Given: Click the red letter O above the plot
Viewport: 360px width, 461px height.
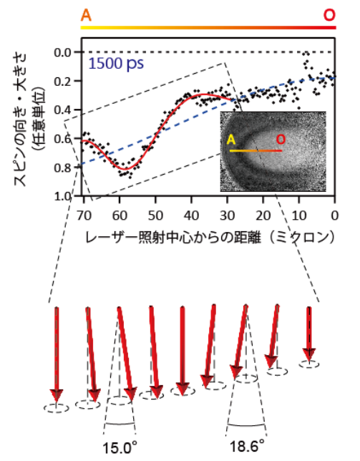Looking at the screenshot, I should pyautogui.click(x=329, y=14).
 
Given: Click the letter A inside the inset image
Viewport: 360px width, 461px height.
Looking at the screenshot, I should pyautogui.click(x=232, y=140).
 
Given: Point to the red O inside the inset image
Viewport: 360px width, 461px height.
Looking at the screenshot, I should pyautogui.click(x=280, y=140).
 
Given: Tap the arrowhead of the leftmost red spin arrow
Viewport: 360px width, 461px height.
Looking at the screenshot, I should pyautogui.click(x=57, y=396).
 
